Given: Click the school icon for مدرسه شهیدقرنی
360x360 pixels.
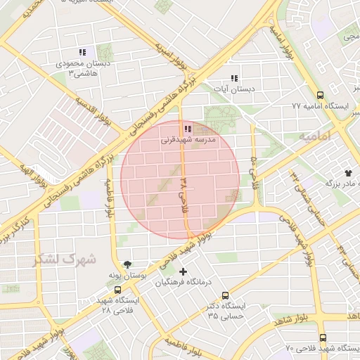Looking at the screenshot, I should [187, 129].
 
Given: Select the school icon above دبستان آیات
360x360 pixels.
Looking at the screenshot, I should [234, 78].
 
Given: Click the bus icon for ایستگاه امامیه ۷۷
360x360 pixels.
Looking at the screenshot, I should [321, 94].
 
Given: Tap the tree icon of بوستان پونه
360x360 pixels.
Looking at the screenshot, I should [127, 264].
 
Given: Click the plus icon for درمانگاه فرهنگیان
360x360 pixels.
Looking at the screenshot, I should [184, 271].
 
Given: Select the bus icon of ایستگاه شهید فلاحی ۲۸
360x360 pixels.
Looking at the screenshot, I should [117, 289].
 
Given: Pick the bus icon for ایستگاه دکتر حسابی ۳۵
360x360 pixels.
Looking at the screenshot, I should [224, 295].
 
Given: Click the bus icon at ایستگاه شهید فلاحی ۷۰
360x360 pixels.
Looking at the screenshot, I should [323, 337].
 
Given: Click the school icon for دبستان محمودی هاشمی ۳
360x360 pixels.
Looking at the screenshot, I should [82, 52].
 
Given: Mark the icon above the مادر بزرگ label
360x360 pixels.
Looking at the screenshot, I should [348, 172].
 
